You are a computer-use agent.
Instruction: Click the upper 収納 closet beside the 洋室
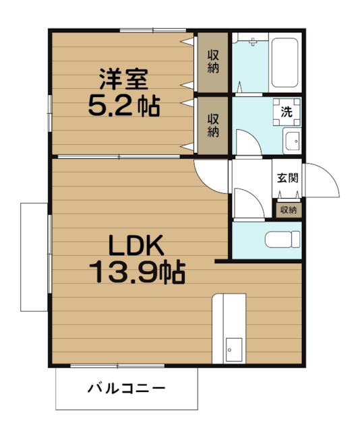212,63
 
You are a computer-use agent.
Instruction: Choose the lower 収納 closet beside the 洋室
212,125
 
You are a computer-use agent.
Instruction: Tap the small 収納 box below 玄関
288,210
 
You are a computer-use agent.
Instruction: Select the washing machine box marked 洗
287,112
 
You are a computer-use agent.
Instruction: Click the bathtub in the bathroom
285,64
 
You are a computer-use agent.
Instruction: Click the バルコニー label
126,389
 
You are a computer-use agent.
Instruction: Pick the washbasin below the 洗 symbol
291,142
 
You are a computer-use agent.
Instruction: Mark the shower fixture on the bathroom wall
251,42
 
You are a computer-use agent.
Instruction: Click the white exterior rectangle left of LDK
33,256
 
